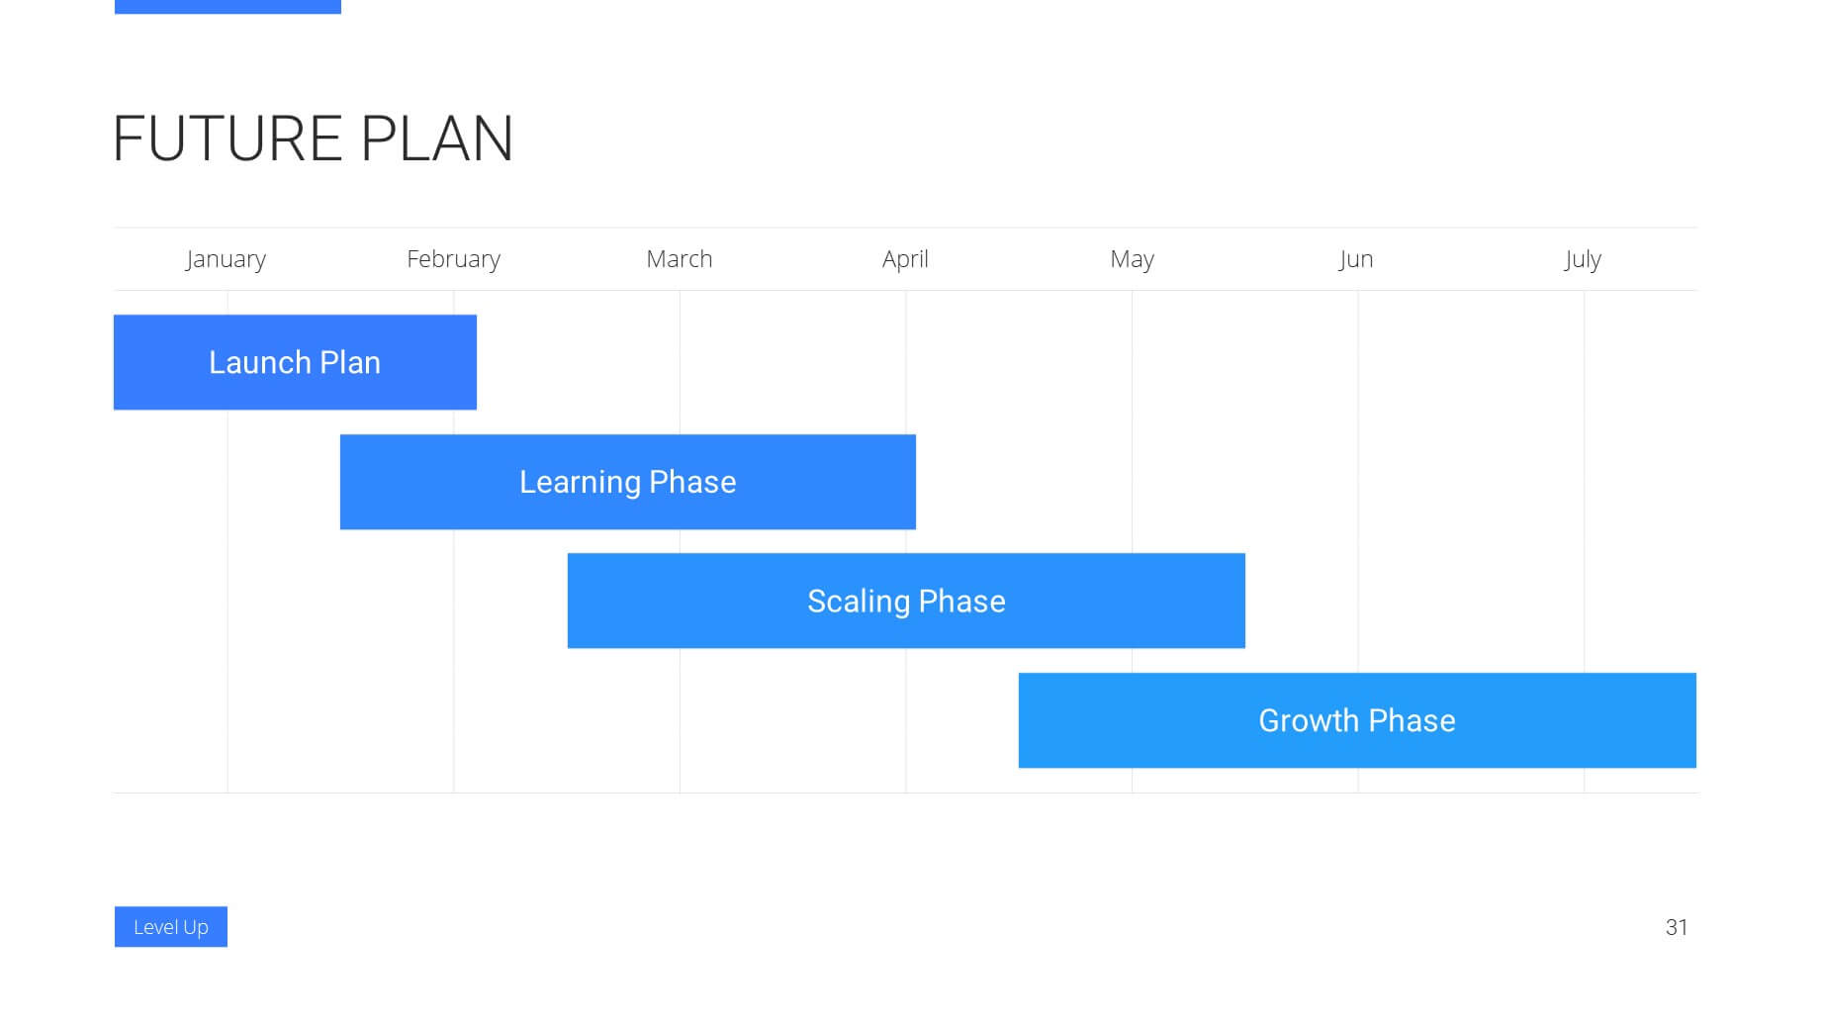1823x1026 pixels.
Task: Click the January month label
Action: pyautogui.click(x=226, y=259)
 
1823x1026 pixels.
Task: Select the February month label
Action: pyautogui.click(x=453, y=259)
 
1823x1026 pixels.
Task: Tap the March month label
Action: pyautogui.click(x=679, y=258)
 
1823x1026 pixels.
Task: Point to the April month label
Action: pyautogui.click(x=905, y=259)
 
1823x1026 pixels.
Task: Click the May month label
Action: pyautogui.click(x=1132, y=259)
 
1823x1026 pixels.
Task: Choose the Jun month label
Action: pyautogui.click(x=1355, y=259)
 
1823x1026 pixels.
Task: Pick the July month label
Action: pyautogui.click(x=1583, y=259)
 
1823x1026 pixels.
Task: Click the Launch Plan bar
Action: pyautogui.click(x=295, y=362)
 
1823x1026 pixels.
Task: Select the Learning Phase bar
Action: pyautogui.click(x=628, y=482)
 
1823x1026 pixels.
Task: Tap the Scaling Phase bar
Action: pyautogui.click(x=906, y=601)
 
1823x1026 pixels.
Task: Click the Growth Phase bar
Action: pyautogui.click(x=1357, y=720)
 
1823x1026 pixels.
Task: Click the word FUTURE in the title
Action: pyautogui.click(x=228, y=139)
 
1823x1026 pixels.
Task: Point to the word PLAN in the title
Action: pyautogui.click(x=436, y=139)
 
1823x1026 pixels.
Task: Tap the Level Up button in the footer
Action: pyautogui.click(x=171, y=927)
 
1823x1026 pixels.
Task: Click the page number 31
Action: pyautogui.click(x=1677, y=927)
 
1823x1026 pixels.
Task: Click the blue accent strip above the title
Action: pyautogui.click(x=228, y=7)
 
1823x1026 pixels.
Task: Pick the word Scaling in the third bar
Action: pyautogui.click(x=859, y=602)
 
